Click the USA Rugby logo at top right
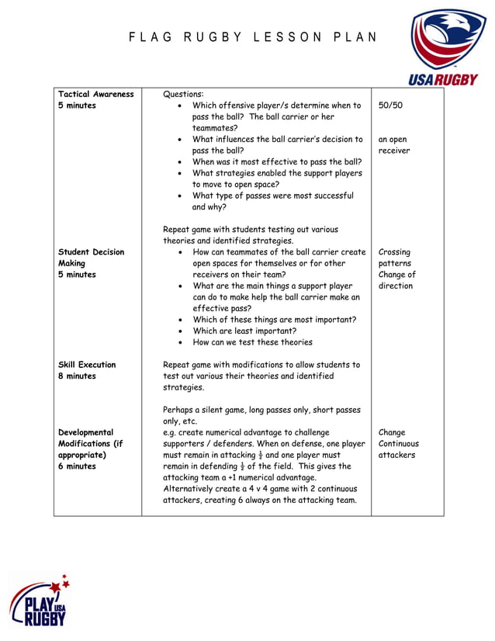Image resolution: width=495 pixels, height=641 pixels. pos(443,47)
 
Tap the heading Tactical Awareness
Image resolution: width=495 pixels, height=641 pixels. pos(96,94)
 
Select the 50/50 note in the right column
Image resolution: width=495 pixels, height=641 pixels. pos(390,106)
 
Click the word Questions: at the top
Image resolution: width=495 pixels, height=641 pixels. pos(183,94)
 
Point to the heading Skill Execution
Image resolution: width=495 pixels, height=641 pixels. pos(87,365)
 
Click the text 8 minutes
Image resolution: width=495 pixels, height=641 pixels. pos(77,376)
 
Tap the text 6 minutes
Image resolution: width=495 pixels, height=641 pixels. pos(77,466)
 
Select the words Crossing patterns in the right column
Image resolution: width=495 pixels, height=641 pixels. pos(395,258)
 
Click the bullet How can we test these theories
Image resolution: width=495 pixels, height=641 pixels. pos(252,342)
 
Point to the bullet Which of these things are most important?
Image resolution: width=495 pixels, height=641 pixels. pos(274,320)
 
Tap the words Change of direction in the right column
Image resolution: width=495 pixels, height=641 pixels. pos(397,280)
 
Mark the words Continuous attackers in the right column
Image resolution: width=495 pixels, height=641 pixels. pos(399,449)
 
